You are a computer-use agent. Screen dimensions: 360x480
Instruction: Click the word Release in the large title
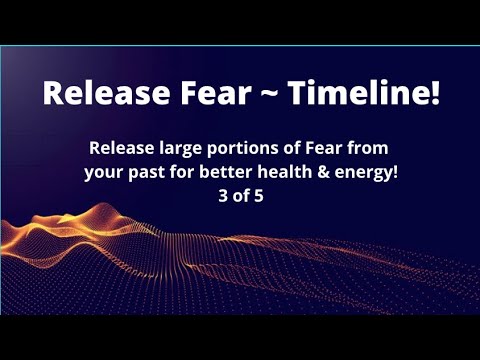click(104, 95)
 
